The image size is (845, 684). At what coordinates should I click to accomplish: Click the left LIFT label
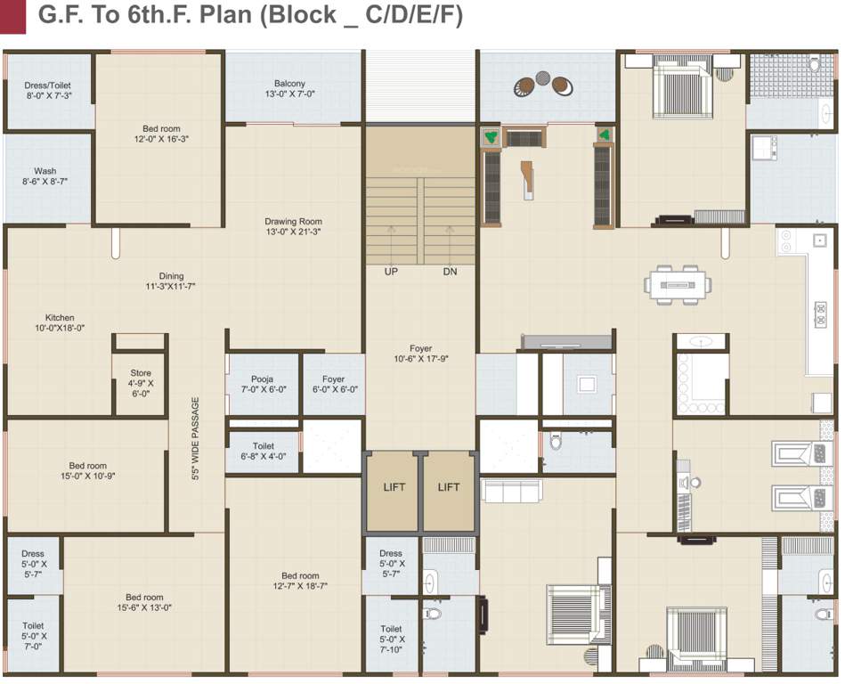[394, 487]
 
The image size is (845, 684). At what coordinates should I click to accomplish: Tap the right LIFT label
[449, 487]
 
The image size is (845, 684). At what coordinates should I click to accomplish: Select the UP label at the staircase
[391, 272]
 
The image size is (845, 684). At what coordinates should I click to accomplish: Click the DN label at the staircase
[450, 272]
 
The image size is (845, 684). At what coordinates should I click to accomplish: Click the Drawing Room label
[293, 226]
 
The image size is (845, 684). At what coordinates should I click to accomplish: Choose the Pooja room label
[262, 384]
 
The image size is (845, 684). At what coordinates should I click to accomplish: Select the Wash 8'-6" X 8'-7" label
[45, 175]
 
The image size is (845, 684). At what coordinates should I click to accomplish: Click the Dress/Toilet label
[47, 89]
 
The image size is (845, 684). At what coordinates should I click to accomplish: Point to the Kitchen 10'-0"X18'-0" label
[61, 322]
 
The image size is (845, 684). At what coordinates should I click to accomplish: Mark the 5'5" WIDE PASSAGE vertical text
[196, 438]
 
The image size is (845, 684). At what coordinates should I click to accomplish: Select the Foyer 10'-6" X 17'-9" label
[420, 354]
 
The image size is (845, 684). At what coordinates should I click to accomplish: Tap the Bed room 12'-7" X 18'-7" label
[300, 581]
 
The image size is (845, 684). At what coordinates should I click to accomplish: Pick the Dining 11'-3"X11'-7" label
[171, 281]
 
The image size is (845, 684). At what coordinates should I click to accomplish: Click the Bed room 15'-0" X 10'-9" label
[87, 470]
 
